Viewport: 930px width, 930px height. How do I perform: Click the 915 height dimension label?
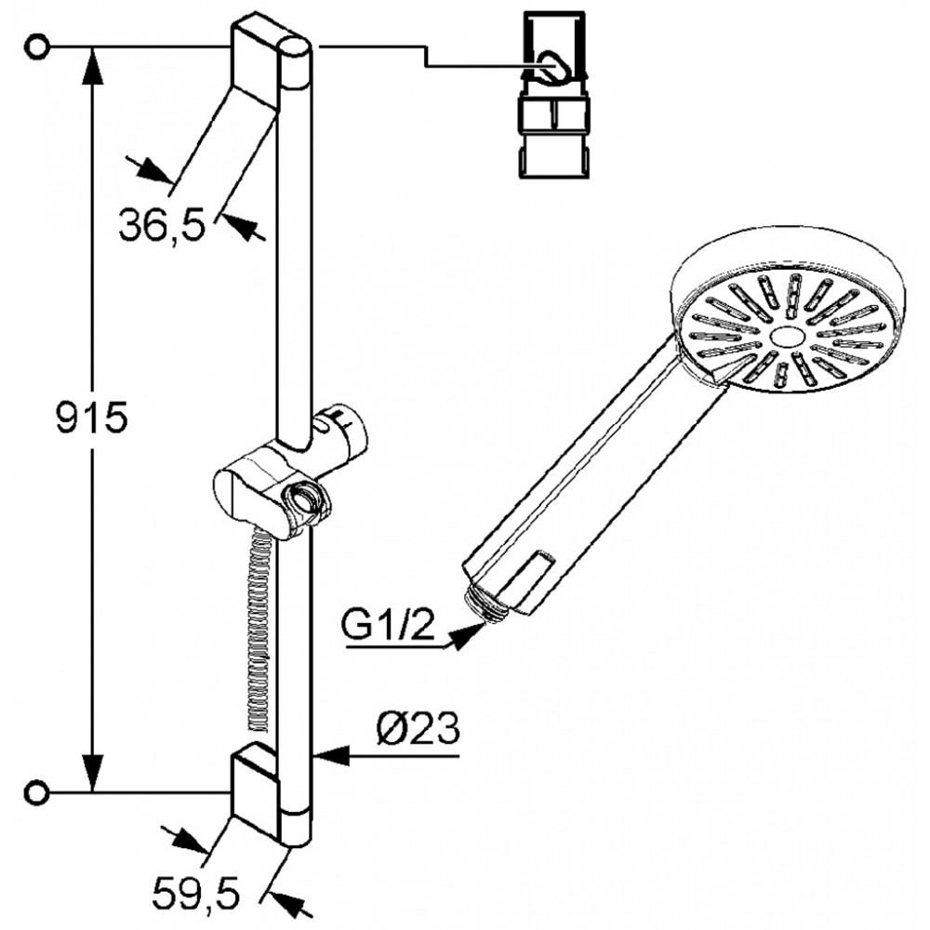click(x=92, y=418)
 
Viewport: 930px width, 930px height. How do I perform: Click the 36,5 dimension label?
click(x=161, y=225)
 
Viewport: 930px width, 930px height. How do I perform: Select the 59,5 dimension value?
click(x=196, y=893)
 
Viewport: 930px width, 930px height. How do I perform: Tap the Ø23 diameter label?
click(x=418, y=728)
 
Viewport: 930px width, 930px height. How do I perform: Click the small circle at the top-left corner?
click(x=37, y=46)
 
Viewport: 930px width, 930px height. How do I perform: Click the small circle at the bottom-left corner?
click(x=37, y=791)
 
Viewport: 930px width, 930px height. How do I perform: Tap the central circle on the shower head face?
click(x=787, y=338)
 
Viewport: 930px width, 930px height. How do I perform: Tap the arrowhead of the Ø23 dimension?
click(x=330, y=756)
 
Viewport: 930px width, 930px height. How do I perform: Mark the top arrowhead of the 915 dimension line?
click(x=92, y=66)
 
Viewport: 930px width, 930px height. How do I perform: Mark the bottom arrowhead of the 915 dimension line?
click(x=92, y=772)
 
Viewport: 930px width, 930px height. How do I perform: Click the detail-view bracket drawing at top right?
click(x=554, y=95)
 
